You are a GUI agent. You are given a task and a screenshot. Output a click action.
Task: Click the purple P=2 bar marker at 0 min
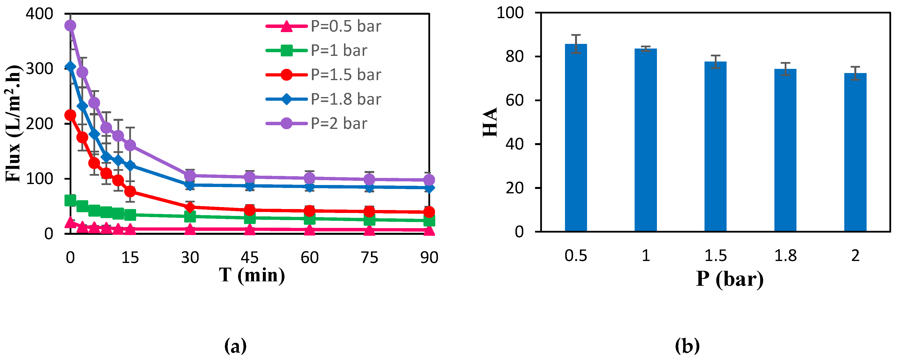point(70,25)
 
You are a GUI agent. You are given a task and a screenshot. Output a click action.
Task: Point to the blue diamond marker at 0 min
point(70,66)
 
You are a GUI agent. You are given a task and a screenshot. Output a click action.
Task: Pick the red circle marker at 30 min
point(190,207)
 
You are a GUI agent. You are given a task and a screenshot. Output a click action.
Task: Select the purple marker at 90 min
point(429,180)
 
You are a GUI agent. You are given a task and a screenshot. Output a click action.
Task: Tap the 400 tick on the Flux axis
point(39,14)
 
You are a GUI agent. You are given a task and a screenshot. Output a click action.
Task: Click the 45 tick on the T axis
point(249,258)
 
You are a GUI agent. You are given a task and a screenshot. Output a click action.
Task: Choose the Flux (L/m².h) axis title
point(13,124)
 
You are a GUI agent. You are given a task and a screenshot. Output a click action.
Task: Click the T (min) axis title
point(252,276)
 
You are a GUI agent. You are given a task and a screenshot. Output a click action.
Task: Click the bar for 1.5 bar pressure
point(715,146)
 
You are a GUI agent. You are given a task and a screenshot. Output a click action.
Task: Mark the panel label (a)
point(235,346)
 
